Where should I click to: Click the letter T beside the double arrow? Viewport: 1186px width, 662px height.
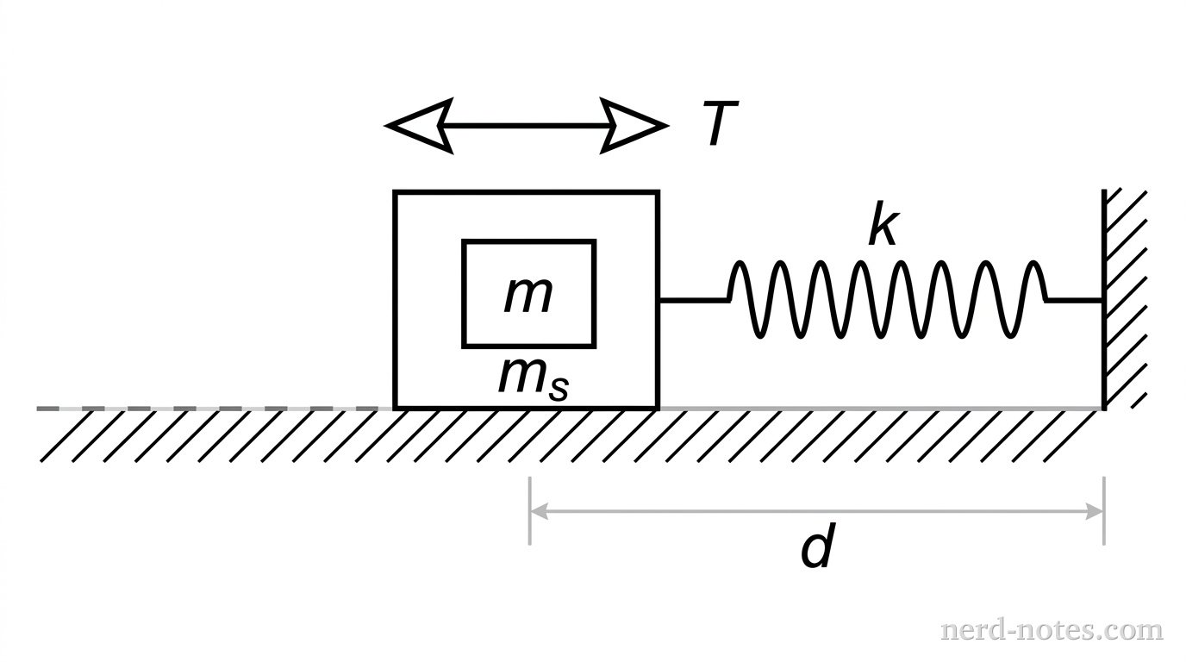[718, 125]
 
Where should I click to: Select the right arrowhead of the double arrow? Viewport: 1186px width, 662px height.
[634, 126]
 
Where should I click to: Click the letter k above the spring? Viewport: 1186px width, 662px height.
[883, 227]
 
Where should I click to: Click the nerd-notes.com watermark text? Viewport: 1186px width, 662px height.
[1052, 630]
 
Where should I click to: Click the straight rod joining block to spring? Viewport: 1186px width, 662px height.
[694, 300]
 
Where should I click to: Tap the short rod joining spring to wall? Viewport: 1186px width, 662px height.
[1074, 300]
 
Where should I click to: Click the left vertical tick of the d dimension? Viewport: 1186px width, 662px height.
[530, 511]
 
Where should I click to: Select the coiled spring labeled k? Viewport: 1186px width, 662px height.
[888, 299]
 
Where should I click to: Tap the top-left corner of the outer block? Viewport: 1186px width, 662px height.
[396, 192]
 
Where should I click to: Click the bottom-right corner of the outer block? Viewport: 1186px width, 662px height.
[658, 407]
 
